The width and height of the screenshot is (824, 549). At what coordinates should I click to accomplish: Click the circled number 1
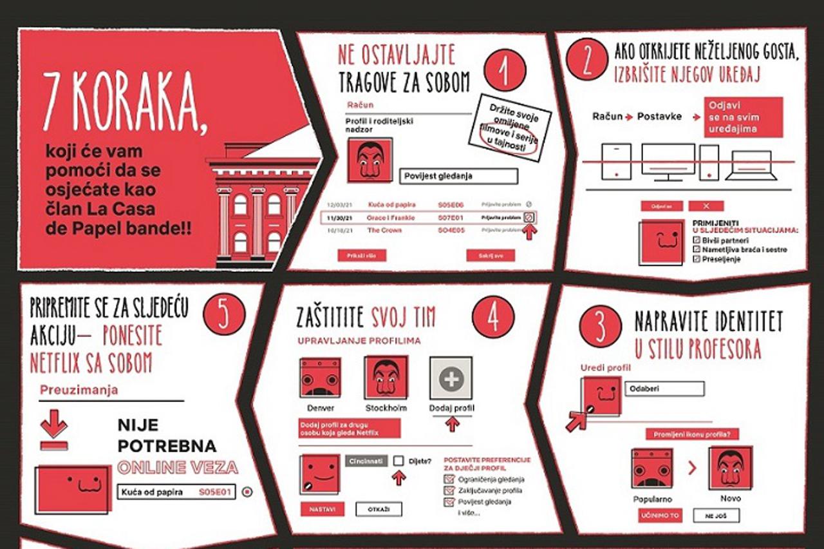pos(505,70)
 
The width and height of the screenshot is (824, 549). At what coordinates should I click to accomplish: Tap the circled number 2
pos(587,59)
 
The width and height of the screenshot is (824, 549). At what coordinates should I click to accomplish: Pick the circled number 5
pos(223,316)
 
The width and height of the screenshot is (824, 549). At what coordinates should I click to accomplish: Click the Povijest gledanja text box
pos(458,176)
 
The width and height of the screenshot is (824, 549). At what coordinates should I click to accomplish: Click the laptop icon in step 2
pos(748,165)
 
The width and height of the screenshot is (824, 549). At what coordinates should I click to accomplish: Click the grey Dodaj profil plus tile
pos(451,378)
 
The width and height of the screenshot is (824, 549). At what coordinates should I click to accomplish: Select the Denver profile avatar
pos(320,378)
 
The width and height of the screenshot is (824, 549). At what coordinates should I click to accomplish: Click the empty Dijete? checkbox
pos(399,461)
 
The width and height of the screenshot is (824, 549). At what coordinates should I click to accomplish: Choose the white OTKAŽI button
pos(379,509)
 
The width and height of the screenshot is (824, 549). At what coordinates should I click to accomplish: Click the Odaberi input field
pos(664,389)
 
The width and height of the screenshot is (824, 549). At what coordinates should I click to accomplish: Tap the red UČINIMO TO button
pos(660,515)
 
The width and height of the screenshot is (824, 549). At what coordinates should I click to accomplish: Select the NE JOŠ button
pos(716,515)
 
